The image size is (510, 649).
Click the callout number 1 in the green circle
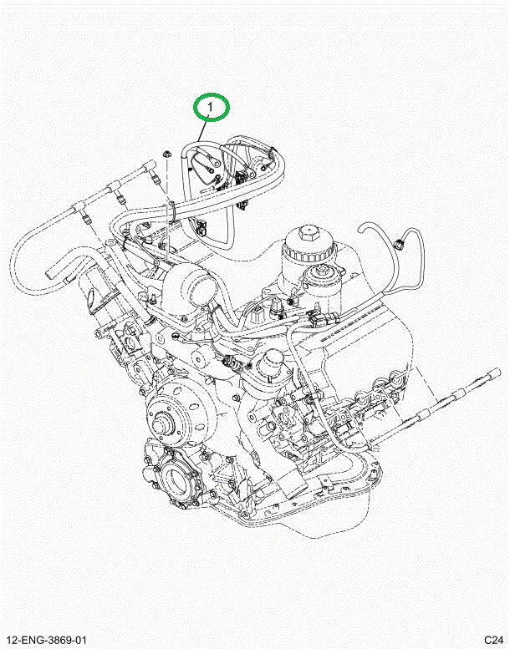211,108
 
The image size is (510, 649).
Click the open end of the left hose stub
50,272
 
